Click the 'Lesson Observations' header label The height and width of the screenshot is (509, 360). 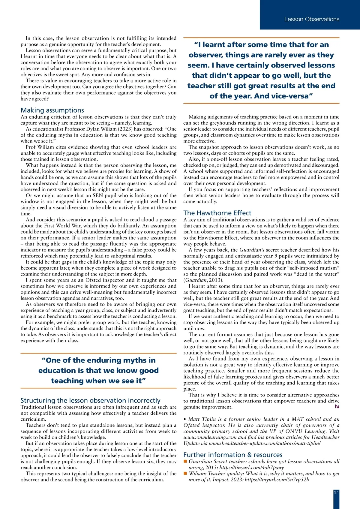pos(312,19)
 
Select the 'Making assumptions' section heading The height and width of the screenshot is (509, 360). pos(52,110)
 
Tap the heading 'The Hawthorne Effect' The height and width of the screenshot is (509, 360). pos(217,213)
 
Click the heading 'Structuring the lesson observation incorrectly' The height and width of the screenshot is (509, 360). pos(90,400)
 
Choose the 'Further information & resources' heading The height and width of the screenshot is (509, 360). pos(233,455)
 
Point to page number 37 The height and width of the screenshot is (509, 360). pos(336,492)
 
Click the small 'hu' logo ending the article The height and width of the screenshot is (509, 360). pos(337,406)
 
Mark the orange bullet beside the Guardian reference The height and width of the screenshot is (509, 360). pos(185,461)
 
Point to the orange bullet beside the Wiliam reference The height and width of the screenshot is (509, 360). pos(185,473)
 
